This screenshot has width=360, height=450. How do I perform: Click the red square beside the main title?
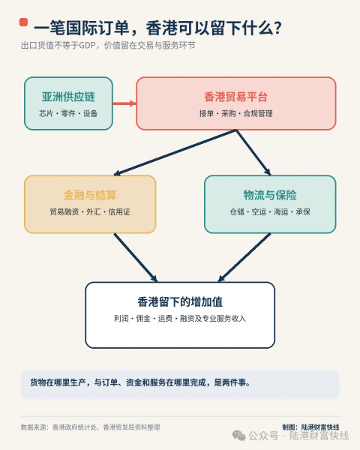click(x=23, y=22)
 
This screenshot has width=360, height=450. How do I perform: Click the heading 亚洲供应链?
click(x=68, y=97)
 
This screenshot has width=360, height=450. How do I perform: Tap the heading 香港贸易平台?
click(x=235, y=97)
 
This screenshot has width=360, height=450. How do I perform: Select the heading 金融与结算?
click(x=90, y=195)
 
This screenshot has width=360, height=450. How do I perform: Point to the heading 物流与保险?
click(x=270, y=195)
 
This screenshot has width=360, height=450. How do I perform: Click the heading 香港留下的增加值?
click(x=180, y=302)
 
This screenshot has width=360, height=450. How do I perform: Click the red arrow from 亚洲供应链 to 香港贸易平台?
click(x=124, y=103)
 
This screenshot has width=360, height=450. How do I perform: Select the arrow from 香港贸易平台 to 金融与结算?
click(x=175, y=152)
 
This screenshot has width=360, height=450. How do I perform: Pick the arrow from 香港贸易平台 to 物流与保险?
click(x=253, y=152)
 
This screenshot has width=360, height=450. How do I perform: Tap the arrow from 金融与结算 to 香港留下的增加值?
click(x=136, y=257)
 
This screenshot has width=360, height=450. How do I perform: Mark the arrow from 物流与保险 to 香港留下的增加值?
click(x=244, y=257)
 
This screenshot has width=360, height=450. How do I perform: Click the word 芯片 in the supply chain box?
click(x=46, y=113)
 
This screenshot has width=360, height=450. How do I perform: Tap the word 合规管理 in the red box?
click(x=258, y=113)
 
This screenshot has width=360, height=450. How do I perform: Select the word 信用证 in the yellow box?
click(x=119, y=211)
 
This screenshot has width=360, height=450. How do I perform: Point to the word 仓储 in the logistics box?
click(x=237, y=211)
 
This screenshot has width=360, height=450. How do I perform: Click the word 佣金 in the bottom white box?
click(x=143, y=318)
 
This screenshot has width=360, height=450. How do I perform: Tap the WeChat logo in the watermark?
click(x=238, y=436)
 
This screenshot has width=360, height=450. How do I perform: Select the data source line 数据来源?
click(x=91, y=427)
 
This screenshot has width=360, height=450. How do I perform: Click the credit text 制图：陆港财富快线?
click(x=311, y=427)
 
